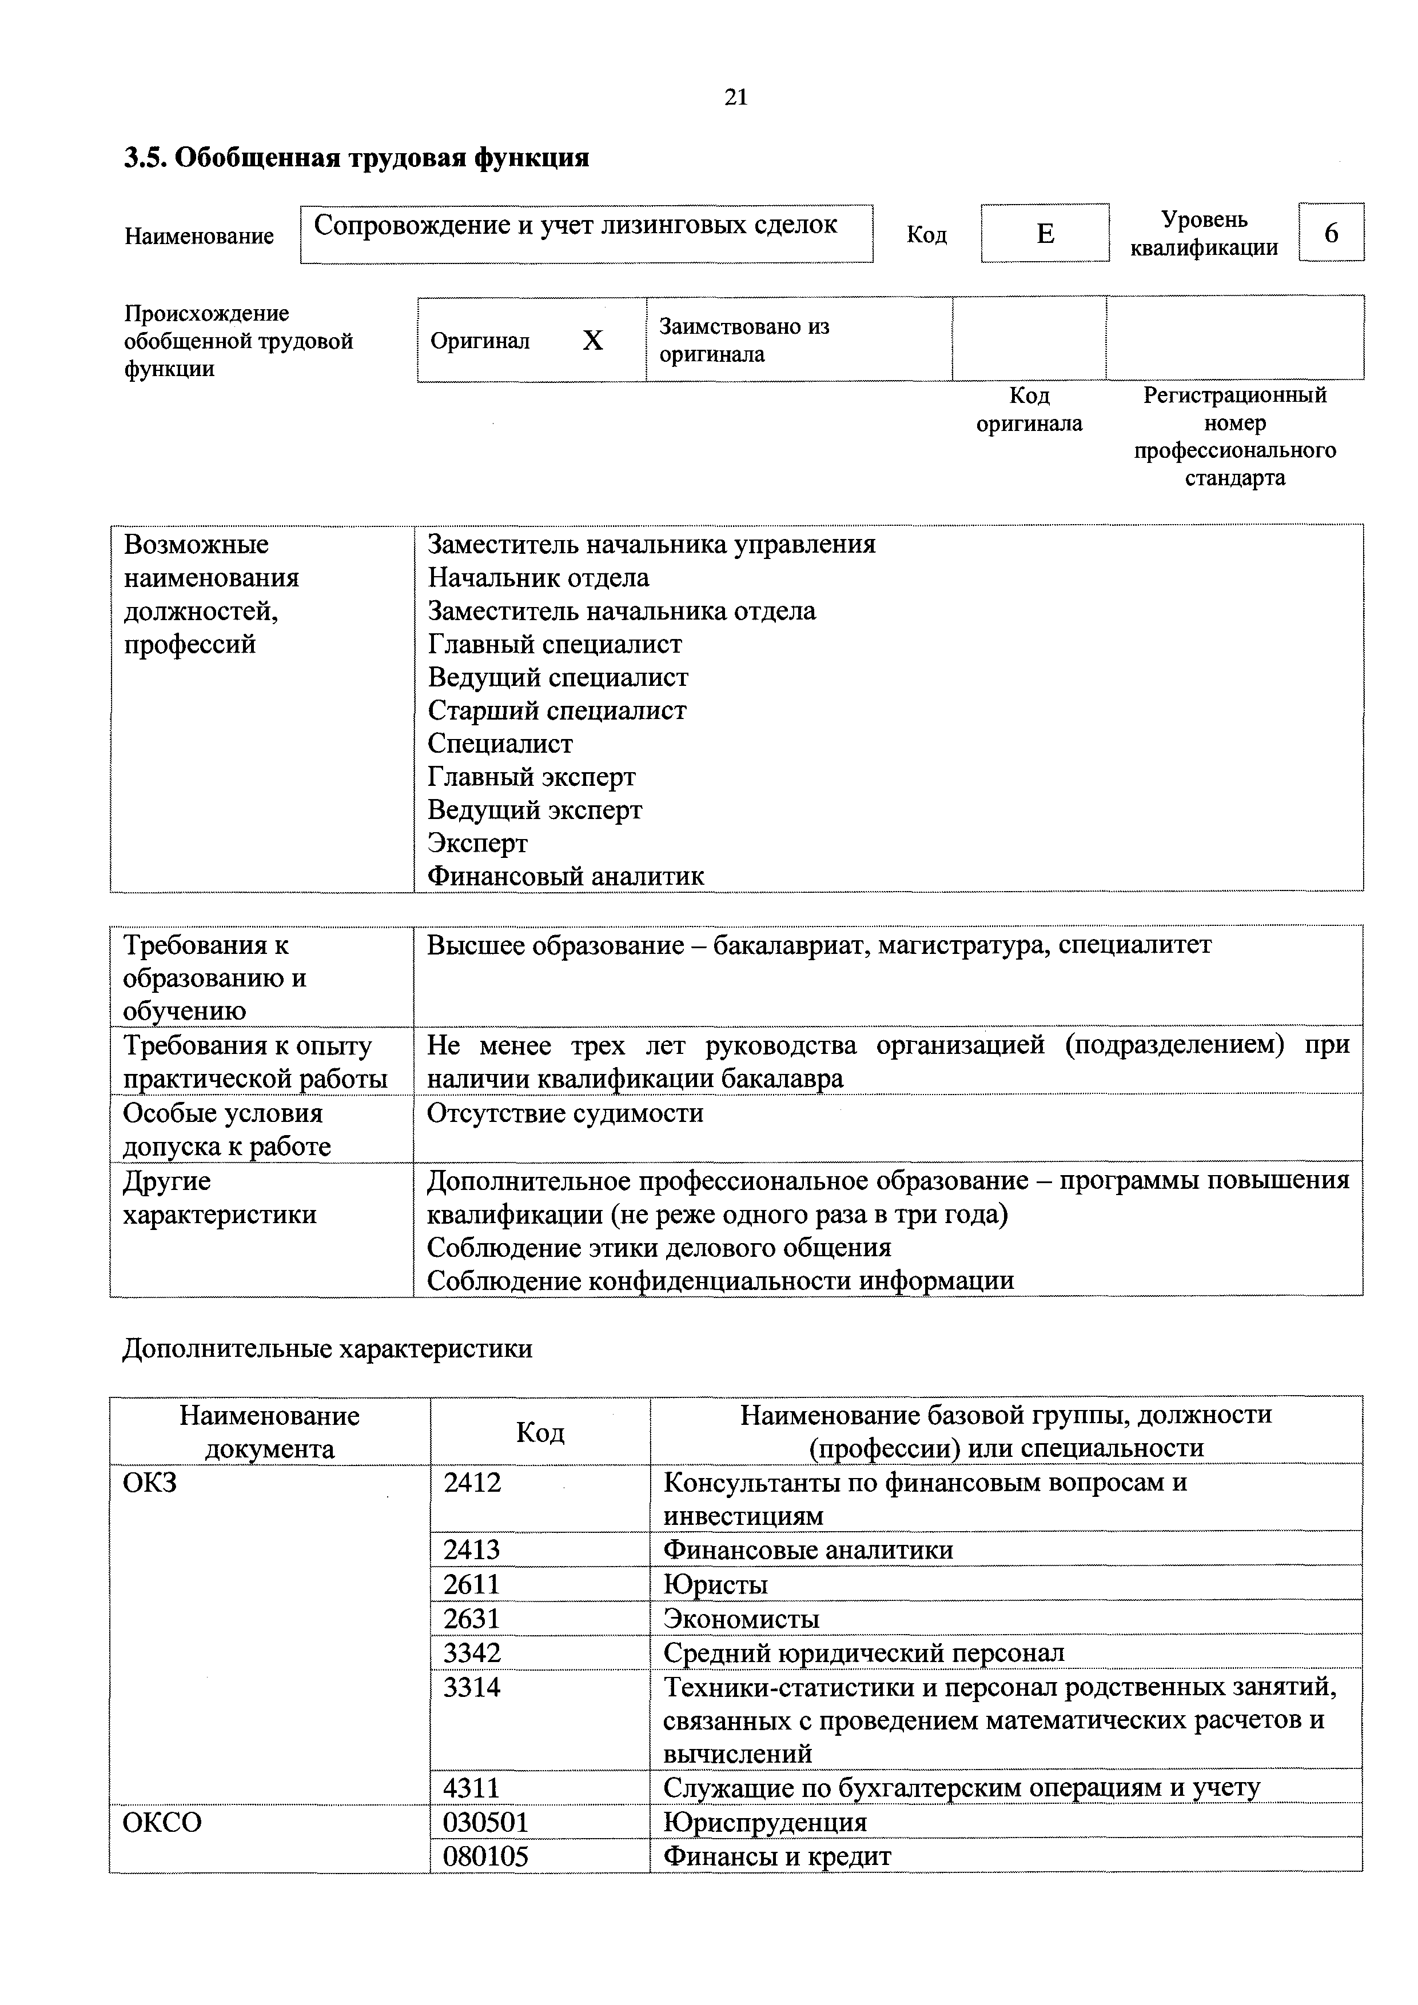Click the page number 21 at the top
736,97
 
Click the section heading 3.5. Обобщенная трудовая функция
356,158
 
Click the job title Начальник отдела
538,578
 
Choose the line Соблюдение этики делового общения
659,1248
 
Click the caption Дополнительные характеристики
328,1349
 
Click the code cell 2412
473,1483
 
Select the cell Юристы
715,1584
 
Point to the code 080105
486,1856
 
